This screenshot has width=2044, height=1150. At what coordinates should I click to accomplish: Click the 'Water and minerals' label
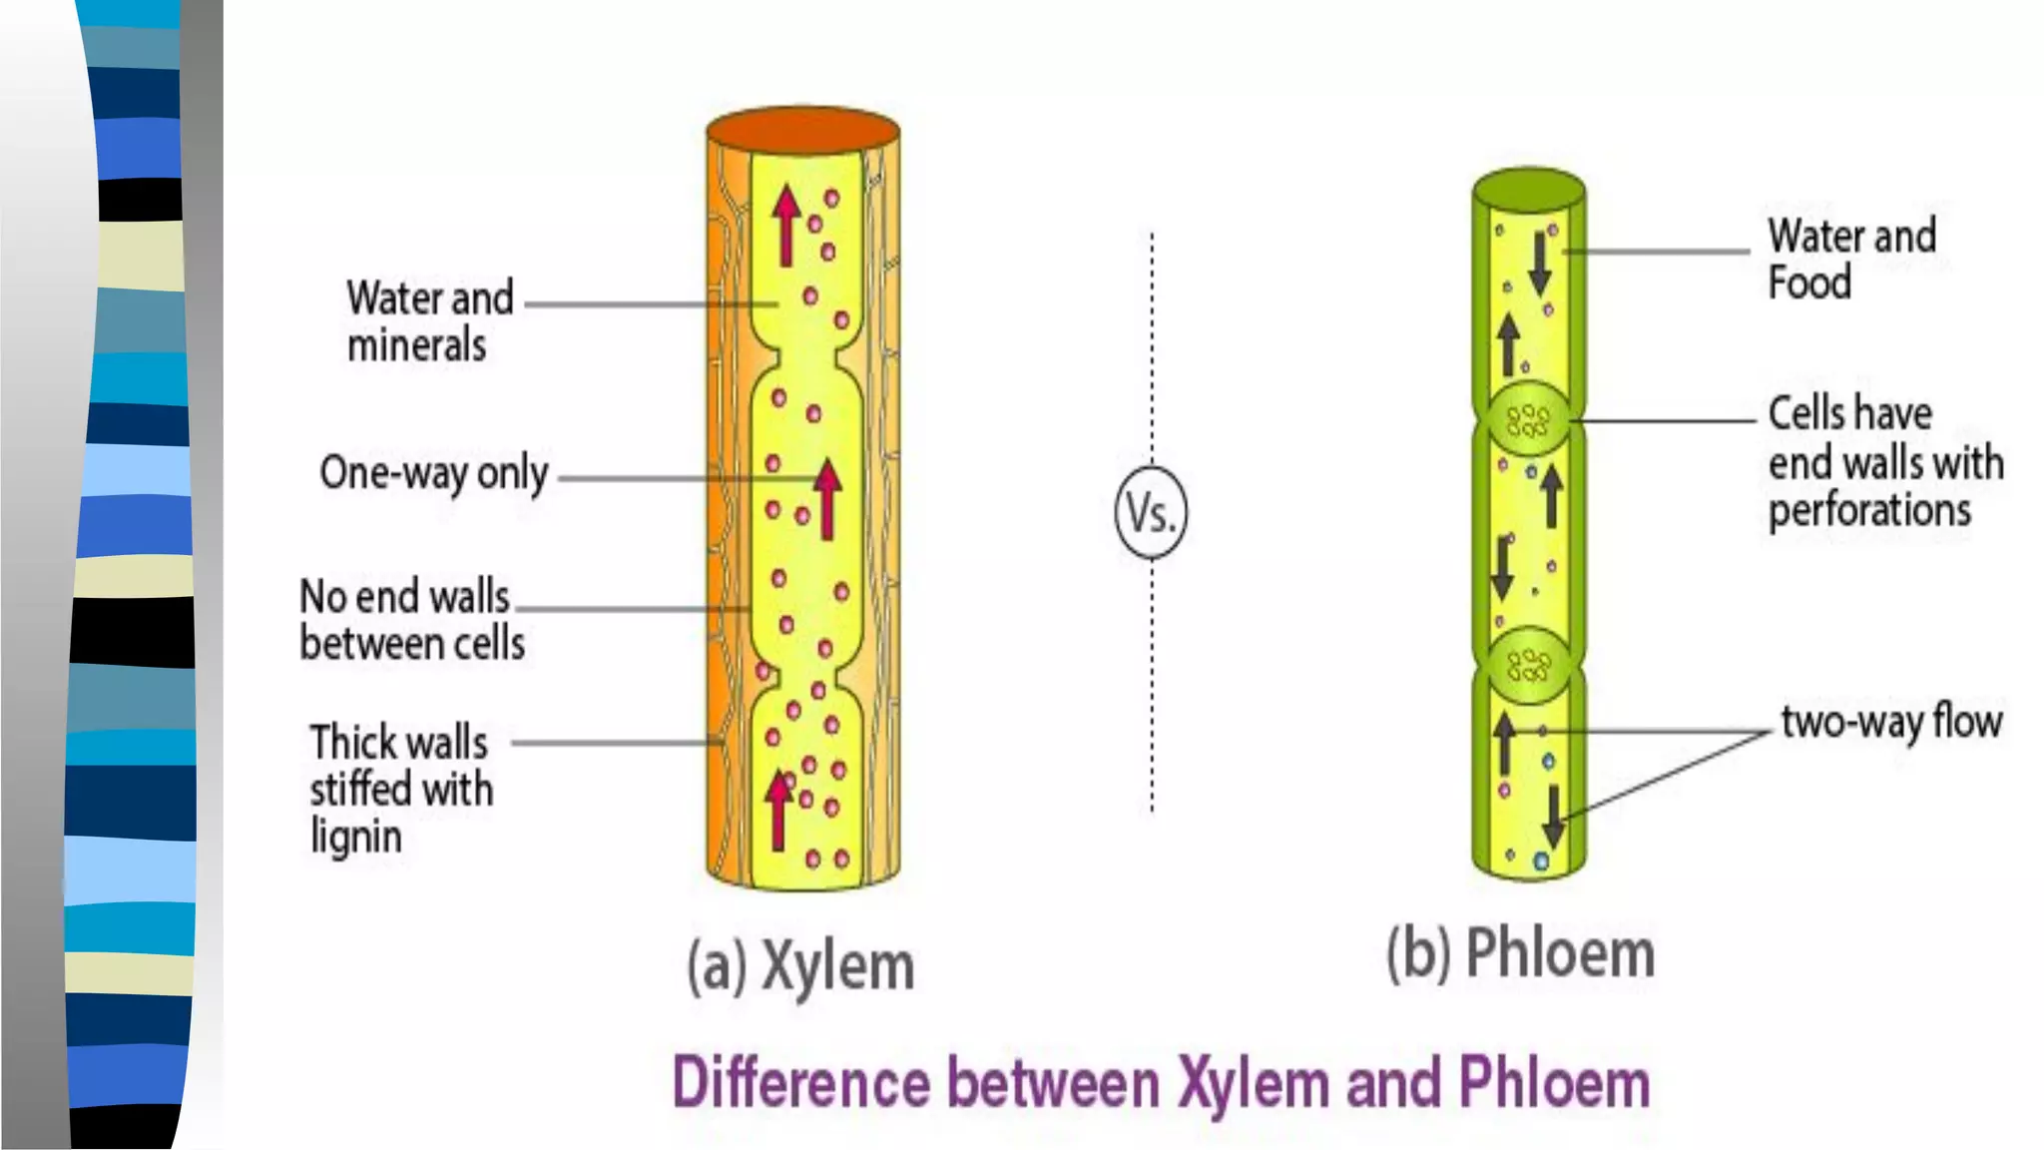click(x=429, y=321)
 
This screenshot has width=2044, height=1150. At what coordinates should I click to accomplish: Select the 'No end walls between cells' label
click(x=411, y=620)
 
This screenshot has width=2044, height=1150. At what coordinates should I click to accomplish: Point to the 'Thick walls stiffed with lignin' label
click(x=400, y=789)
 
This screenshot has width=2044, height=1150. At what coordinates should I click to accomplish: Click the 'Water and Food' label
click(x=1850, y=259)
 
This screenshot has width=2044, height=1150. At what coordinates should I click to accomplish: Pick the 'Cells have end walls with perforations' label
click(x=1884, y=462)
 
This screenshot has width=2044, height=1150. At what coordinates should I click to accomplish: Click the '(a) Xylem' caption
click(x=799, y=965)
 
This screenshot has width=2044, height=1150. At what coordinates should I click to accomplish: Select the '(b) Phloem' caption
click(x=1520, y=953)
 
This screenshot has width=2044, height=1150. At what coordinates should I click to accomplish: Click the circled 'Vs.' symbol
click(x=1151, y=512)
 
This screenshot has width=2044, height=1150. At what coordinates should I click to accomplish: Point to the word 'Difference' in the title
click(x=801, y=1083)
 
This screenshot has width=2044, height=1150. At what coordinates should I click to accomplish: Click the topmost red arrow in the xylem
click(x=786, y=225)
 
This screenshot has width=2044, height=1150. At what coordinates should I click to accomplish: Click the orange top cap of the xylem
click(x=803, y=131)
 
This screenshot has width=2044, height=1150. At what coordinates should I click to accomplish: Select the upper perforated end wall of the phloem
click(x=1527, y=419)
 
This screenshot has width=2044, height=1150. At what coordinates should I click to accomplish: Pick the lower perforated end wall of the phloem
click(x=1528, y=663)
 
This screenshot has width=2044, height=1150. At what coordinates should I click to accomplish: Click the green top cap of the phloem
click(x=1529, y=189)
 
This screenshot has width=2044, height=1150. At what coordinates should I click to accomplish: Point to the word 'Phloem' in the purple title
click(x=1554, y=1083)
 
